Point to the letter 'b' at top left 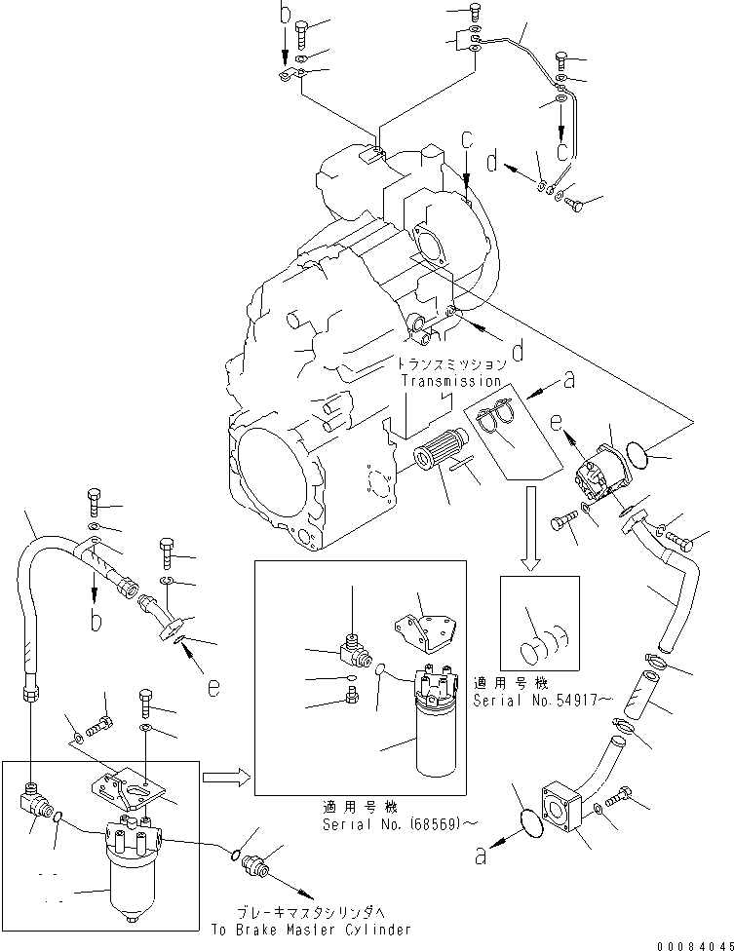point(286,13)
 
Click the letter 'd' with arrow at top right point(494,160)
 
